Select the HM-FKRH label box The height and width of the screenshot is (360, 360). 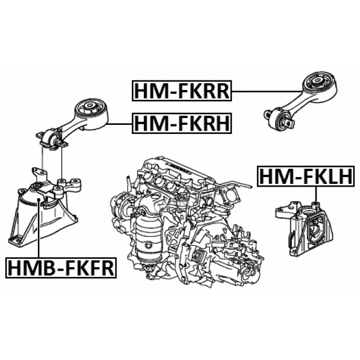click(x=181, y=123)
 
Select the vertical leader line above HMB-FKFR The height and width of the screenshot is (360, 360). click(x=38, y=225)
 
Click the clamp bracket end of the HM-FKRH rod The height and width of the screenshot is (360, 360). click(x=52, y=137)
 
